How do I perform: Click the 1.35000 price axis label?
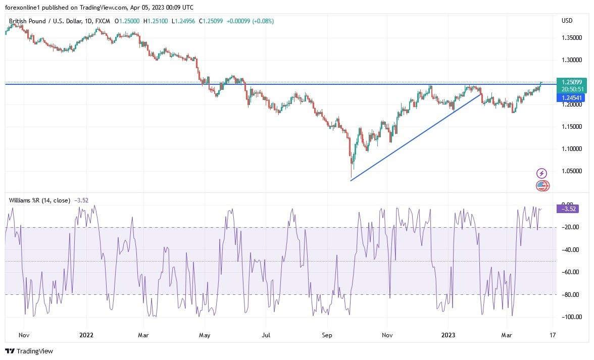[x=571, y=38]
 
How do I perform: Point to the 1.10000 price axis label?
[x=571, y=149]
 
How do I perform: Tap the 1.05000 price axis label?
[x=571, y=171]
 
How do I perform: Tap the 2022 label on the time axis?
[x=86, y=334]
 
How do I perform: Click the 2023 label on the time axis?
[x=448, y=334]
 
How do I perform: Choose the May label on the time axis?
[x=204, y=334]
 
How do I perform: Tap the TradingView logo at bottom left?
[x=29, y=351]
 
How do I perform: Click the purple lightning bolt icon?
[x=541, y=174]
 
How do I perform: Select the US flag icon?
[x=541, y=186]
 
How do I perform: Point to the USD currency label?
[x=567, y=21]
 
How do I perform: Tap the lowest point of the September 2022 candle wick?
[x=351, y=178]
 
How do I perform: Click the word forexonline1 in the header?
[x=23, y=7]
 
